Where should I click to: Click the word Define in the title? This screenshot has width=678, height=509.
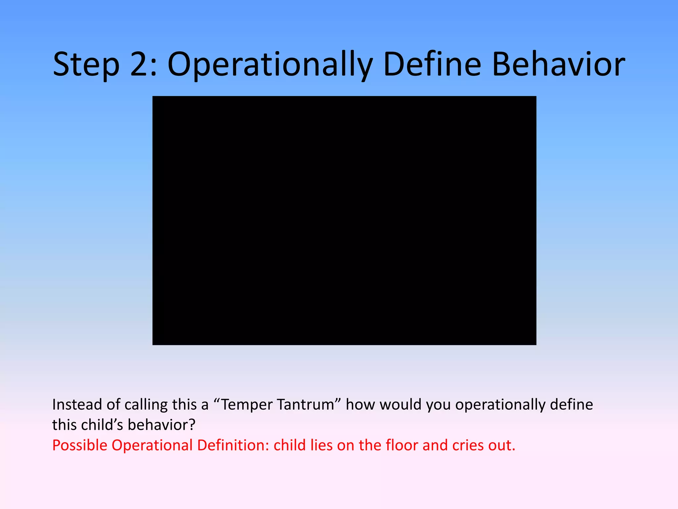432,65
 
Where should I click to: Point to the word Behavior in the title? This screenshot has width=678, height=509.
558,65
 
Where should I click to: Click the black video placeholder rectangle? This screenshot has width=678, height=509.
344,220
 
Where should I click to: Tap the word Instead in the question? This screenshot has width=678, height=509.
77,405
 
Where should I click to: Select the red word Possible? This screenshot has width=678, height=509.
80,445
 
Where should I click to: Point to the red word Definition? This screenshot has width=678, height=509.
233,445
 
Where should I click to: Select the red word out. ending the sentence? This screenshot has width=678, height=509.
502,445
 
